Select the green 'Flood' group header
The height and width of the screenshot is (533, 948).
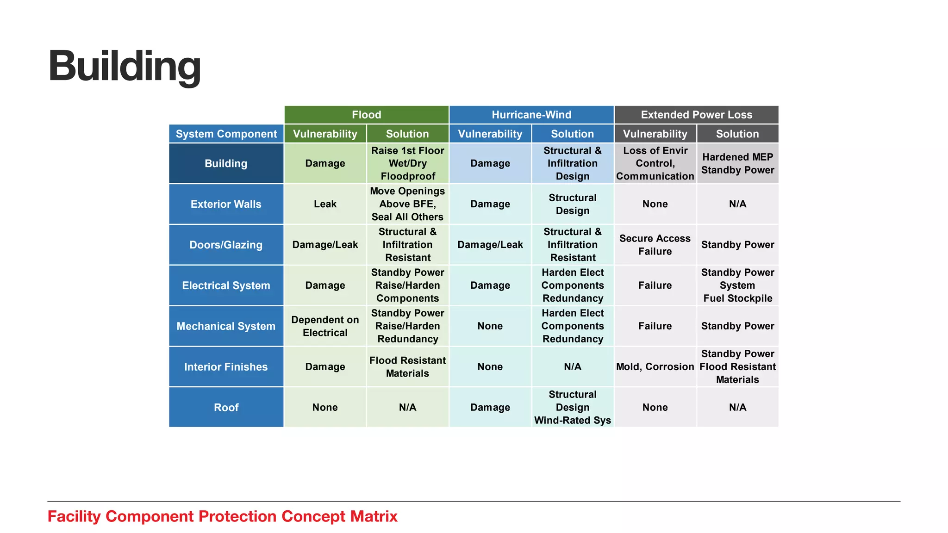pos(366,115)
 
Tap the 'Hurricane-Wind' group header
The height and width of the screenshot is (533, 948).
pos(531,115)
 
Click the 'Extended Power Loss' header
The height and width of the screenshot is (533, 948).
pos(696,115)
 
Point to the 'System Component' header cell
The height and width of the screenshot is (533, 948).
pos(226,134)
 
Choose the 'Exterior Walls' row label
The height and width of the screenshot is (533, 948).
pos(226,204)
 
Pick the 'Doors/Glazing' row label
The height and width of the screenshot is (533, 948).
pos(226,245)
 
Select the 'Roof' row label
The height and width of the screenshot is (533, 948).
pos(226,408)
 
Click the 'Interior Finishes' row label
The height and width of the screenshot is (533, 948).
pos(226,367)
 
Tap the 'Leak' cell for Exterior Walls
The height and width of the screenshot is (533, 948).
pos(325,204)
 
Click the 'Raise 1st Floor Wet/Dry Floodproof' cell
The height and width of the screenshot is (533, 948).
pos(407,163)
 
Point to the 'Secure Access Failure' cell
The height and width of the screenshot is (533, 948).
pos(655,245)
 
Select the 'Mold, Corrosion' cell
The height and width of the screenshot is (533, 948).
pos(655,367)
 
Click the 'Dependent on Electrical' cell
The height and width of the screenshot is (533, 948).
pos(325,326)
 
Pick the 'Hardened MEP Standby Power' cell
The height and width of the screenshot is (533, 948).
pos(737,163)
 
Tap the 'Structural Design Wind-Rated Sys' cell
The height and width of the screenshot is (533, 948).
pos(573,408)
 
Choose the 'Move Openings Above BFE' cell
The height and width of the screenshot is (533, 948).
pos(407,204)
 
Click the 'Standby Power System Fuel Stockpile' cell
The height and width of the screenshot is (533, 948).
pos(737,285)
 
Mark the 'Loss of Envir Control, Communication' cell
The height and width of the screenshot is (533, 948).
pos(655,163)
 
